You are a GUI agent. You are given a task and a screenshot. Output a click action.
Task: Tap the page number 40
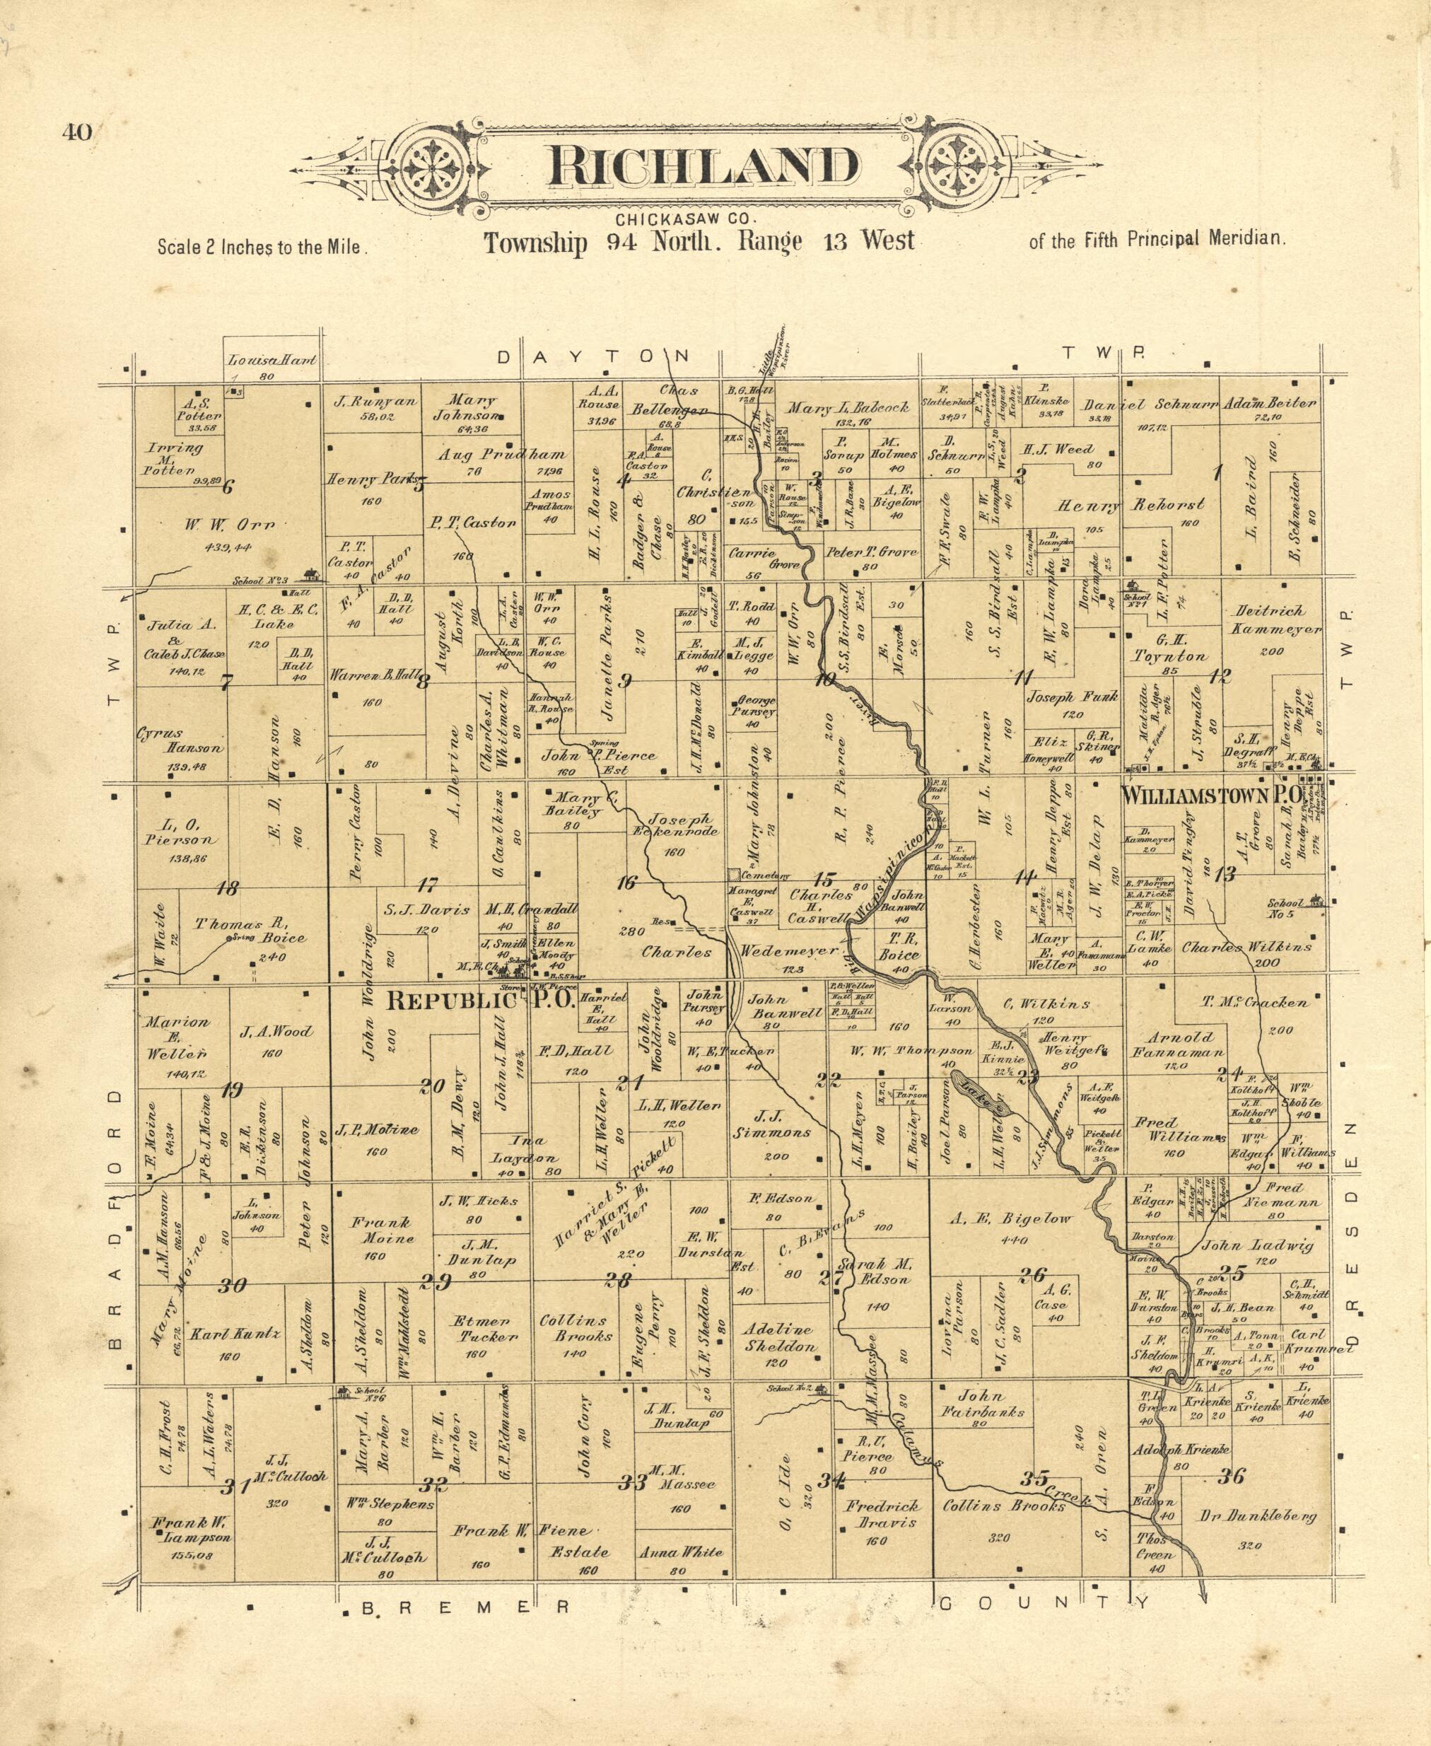(76, 133)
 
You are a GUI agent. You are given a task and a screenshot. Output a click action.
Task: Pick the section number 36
(1232, 1477)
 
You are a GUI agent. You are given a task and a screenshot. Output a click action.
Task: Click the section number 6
(228, 487)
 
